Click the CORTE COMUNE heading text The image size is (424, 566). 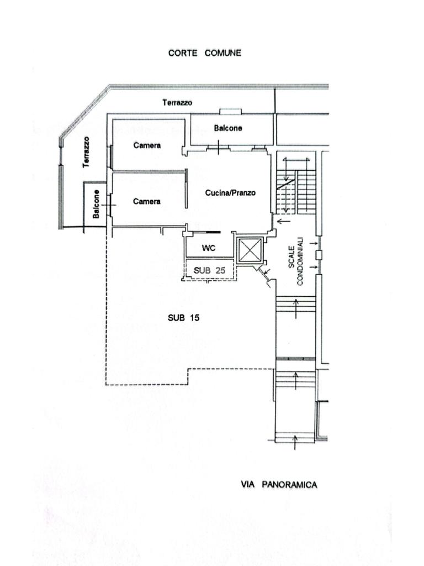(204, 53)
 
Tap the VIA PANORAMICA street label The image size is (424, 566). (279, 485)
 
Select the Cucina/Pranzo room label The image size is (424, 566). (230, 193)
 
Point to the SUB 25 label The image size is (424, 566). (209, 270)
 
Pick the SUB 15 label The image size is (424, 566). (183, 318)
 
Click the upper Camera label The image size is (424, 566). (147, 145)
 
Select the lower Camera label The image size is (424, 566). (147, 201)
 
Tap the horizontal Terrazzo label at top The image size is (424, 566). (177, 102)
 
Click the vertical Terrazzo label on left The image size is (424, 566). (86, 152)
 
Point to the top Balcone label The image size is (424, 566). (228, 128)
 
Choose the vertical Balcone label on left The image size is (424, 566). (97, 204)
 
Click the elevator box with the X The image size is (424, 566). (249, 251)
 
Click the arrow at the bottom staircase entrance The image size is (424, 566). (295, 442)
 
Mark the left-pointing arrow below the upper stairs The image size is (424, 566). (282, 222)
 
